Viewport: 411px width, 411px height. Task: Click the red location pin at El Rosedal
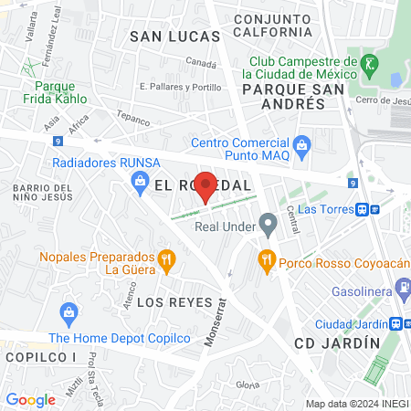206,185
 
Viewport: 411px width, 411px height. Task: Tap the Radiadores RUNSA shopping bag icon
140,181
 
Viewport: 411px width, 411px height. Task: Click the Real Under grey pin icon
268,223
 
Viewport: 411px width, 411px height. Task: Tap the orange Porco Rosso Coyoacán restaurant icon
267,259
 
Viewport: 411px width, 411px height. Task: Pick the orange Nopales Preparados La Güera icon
165,260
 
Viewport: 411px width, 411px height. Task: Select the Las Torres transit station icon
364,209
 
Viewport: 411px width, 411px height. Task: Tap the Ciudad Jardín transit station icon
397,324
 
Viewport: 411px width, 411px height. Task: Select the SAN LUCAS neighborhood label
175,37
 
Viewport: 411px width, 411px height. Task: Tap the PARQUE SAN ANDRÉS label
283,96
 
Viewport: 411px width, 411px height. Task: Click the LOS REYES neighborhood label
174,302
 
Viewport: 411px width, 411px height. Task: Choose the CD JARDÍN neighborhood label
336,342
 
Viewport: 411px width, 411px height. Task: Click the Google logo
30,399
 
